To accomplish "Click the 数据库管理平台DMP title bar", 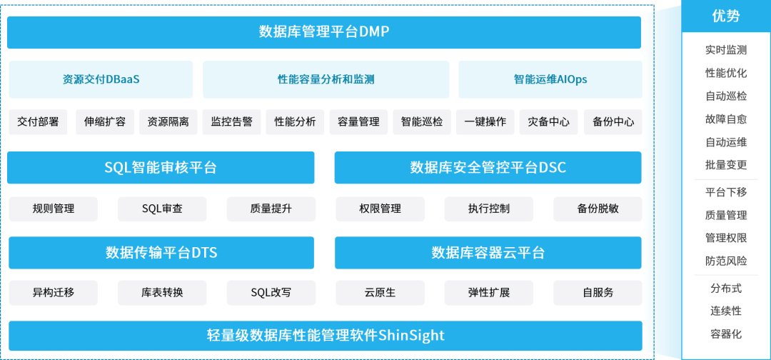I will pos(323,32).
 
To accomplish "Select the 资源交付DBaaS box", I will pos(101,79).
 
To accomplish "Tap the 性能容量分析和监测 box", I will pos(326,79).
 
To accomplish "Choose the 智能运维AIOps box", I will pos(550,79).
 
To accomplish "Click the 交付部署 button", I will pos(38,121).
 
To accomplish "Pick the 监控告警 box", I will pos(231,121).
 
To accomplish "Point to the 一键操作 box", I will pos(485,121).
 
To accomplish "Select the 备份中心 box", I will pos(613,121).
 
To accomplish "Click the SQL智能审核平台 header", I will pos(161,168).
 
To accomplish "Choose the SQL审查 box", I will pos(162,209).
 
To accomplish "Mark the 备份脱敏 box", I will pos(598,209).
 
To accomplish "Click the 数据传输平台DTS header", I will pos(161,253).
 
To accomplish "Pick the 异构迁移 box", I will pos(54,292).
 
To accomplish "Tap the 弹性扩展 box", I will pos(489,292).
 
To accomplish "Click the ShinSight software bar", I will pos(325,335).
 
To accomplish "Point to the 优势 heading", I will pos(725,16).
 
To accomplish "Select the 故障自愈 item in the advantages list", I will pos(725,119).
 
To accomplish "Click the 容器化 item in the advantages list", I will pos(725,334).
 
